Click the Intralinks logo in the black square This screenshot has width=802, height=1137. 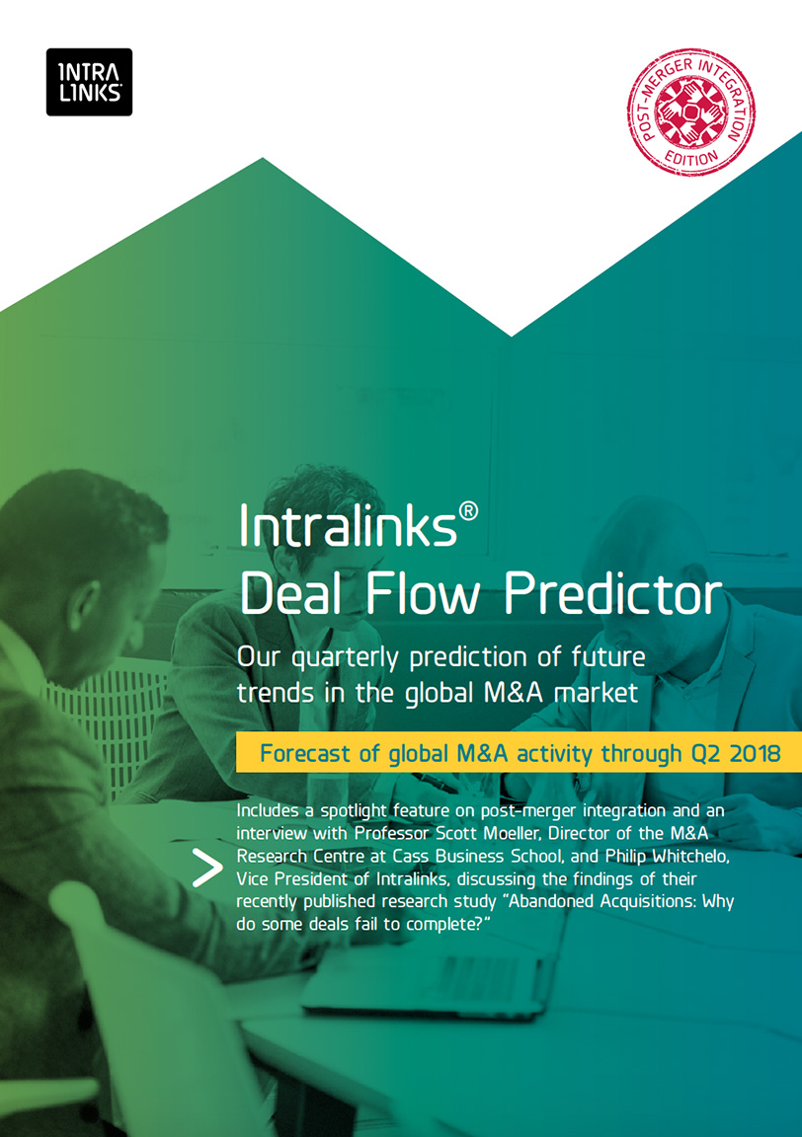click(89, 82)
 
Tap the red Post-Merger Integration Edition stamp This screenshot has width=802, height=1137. click(690, 113)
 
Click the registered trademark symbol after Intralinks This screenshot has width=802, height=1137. click(469, 512)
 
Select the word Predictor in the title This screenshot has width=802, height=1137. click(613, 594)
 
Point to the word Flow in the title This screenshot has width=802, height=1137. click(423, 594)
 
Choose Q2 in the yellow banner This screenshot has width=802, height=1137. click(706, 754)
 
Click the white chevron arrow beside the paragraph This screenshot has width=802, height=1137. click(206, 868)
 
